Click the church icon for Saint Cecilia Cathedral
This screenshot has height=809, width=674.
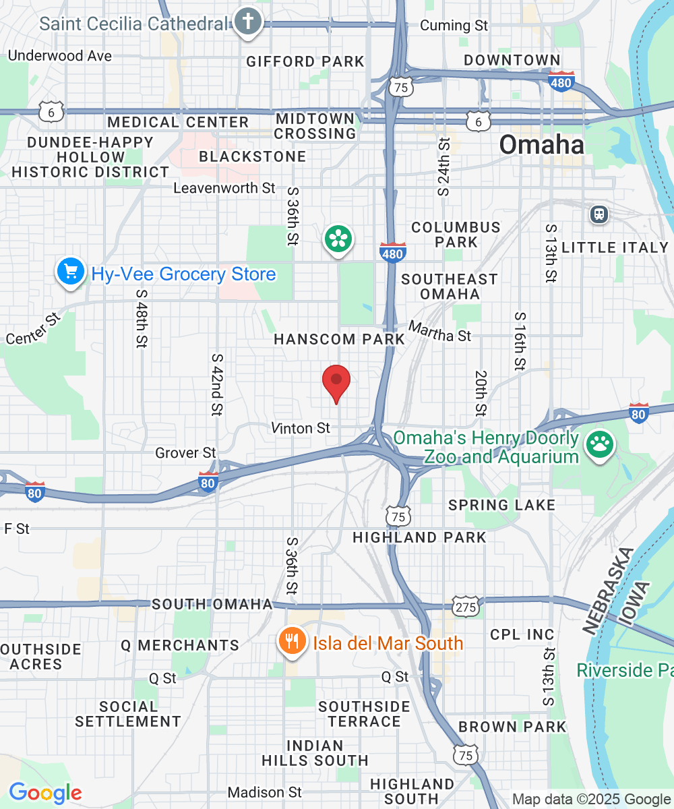pos(247,22)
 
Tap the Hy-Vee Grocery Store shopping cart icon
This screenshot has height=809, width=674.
pos(71,272)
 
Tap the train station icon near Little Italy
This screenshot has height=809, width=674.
pos(599,214)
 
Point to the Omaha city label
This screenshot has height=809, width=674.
pos(541,145)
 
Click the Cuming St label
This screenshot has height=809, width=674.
pos(454,26)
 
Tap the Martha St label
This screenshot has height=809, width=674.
pos(440,332)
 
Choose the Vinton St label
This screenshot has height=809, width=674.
pos(301,427)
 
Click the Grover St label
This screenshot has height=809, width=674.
pos(185,452)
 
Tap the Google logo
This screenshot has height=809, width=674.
pos(45,792)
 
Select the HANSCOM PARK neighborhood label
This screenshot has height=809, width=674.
pos(339,339)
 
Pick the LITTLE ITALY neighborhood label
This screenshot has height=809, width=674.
pos(615,247)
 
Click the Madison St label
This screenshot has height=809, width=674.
pos(265,791)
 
